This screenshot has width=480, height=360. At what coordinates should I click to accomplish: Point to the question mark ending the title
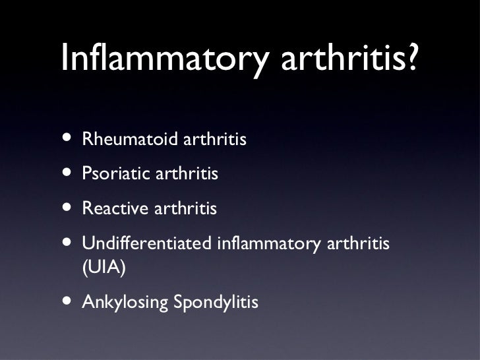click(x=411, y=61)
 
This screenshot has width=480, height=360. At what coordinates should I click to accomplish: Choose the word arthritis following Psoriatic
click(x=185, y=175)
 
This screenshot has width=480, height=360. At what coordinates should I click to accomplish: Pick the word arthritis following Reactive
click(x=185, y=210)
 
